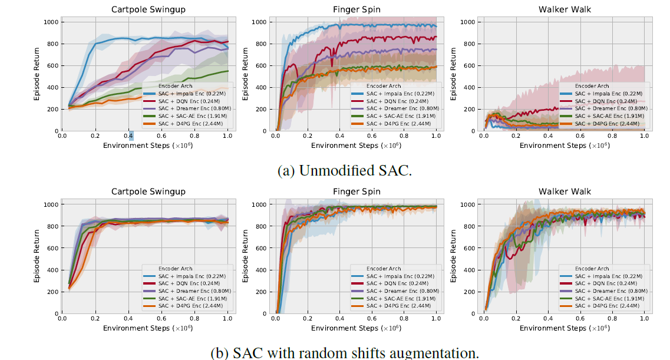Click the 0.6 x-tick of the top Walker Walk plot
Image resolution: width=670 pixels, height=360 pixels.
pos(580,136)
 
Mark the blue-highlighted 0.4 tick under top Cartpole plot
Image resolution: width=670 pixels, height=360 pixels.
pos(131,136)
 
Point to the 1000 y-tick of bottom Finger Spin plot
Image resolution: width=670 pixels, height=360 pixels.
pos(259,204)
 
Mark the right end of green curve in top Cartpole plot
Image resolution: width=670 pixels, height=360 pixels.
pos(229,71)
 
